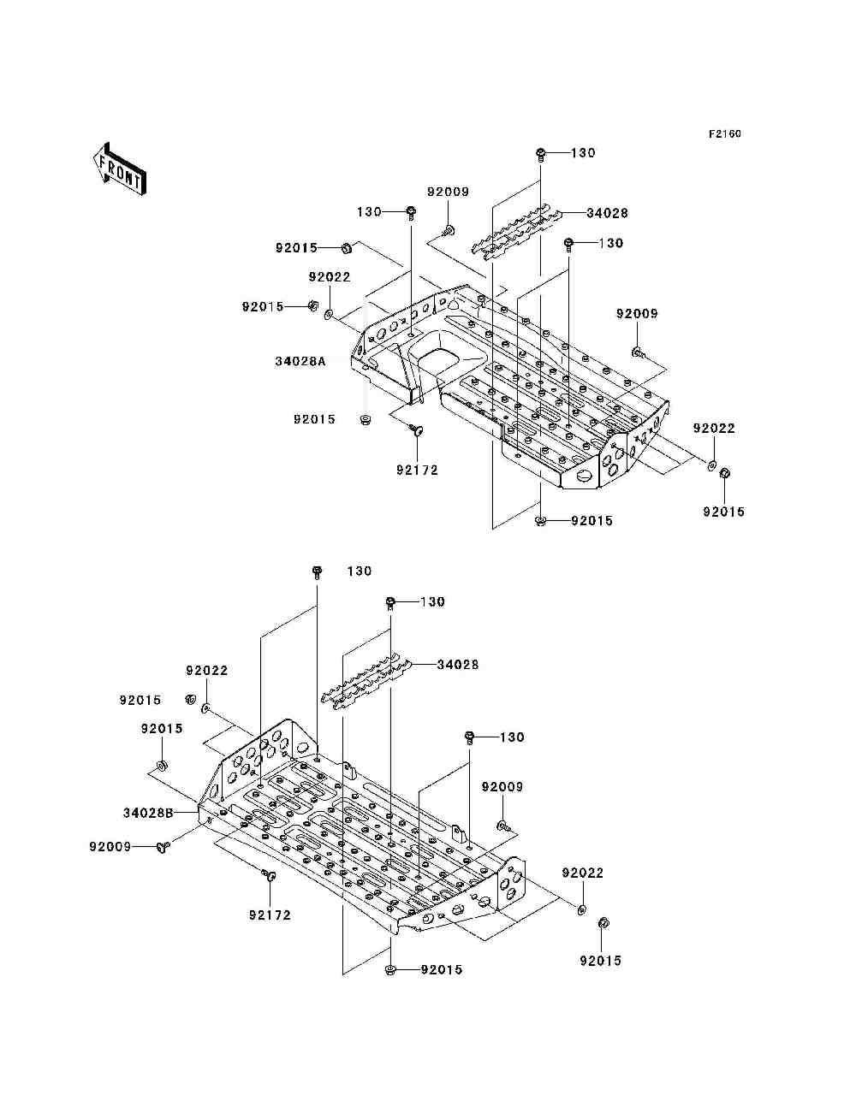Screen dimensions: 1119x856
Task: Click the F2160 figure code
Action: pos(724,134)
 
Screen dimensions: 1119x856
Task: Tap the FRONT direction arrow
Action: pos(120,169)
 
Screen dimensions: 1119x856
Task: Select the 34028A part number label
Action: pos(300,362)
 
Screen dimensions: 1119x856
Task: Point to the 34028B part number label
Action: pos(148,813)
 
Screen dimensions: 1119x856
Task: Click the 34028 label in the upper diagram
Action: pos(607,213)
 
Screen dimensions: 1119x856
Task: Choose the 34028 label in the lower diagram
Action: pos(457,665)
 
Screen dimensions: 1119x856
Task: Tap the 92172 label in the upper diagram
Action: pos(417,470)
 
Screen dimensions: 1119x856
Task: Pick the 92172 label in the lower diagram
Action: pos(270,915)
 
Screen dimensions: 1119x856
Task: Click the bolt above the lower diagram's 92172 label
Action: pos(267,876)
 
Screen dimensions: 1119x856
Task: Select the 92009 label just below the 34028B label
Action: pos(110,847)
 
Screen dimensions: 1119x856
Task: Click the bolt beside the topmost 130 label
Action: pos(541,154)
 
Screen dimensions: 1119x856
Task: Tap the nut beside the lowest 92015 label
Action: pos(391,969)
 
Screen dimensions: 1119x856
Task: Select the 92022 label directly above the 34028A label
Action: pos(330,277)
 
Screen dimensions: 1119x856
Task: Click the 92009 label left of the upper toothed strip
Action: pos(448,192)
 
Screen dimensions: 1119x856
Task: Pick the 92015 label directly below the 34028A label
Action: pos(314,419)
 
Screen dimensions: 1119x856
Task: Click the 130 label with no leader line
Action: pos(360,571)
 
